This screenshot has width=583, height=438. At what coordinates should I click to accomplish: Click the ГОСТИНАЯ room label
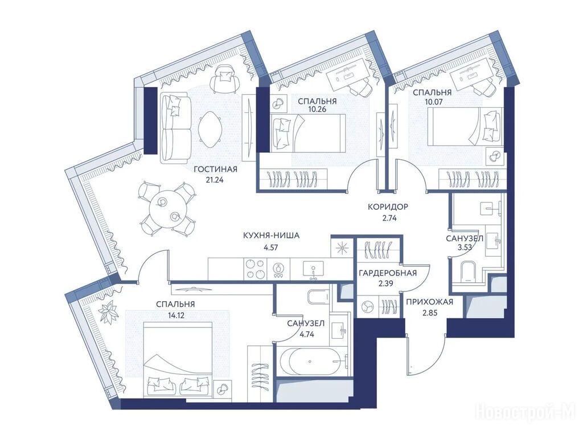215,170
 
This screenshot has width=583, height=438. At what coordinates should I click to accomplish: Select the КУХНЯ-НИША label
271,236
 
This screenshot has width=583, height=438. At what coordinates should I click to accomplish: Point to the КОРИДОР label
388,206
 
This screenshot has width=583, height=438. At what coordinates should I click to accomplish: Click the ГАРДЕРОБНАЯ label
387,273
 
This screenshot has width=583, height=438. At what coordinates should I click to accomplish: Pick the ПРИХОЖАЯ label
429,302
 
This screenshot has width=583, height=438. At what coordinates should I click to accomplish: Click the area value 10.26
317,110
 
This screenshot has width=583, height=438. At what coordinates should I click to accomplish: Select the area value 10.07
432,102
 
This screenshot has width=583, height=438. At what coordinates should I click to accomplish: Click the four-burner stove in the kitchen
256,269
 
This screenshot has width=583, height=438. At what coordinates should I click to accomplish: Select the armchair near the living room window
224,79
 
